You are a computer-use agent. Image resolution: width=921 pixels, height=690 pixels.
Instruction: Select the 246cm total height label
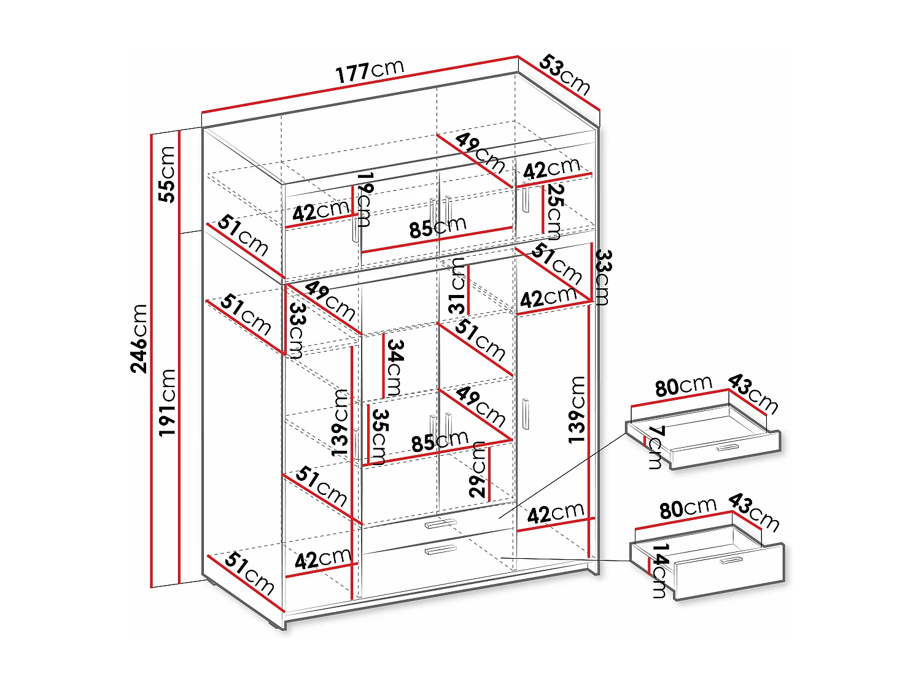(x=140, y=338)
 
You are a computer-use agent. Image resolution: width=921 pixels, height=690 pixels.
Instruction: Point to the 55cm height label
(x=167, y=174)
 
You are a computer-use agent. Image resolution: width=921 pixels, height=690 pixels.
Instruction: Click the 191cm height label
(x=167, y=402)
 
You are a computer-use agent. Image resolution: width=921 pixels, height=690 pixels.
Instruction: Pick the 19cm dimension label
(x=365, y=199)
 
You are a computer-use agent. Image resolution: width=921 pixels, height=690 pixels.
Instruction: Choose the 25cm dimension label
(x=554, y=212)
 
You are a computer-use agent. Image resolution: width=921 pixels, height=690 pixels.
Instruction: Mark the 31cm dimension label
(x=457, y=286)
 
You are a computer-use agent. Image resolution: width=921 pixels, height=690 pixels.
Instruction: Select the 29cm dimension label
(x=478, y=469)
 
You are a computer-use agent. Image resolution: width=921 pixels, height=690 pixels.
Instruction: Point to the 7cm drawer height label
(x=656, y=447)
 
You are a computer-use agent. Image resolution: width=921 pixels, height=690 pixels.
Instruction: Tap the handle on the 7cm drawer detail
(x=727, y=447)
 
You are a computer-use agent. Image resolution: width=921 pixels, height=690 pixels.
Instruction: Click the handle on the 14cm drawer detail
(x=731, y=561)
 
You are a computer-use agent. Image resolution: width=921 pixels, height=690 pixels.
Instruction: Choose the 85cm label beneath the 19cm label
(x=438, y=228)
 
